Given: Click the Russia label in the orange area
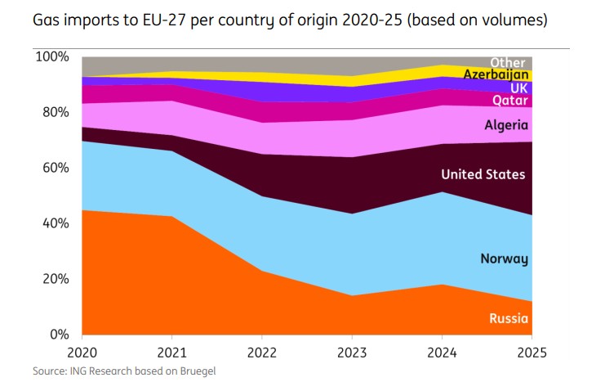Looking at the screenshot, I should pyautogui.click(x=508, y=319).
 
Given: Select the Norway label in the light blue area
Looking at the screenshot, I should pyautogui.click(x=504, y=259).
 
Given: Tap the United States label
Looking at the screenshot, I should pyautogui.click(x=483, y=174).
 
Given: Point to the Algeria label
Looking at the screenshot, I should pyautogui.click(x=506, y=126).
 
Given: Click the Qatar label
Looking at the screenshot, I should pyautogui.click(x=509, y=101).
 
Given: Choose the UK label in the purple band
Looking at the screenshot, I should pyautogui.click(x=519, y=88).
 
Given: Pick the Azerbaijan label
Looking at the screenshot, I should pyautogui.click(x=496, y=74).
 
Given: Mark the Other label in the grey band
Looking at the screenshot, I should pyautogui.click(x=508, y=62).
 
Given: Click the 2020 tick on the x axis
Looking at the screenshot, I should pyautogui.click(x=82, y=352).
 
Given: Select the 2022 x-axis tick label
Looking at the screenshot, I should pyautogui.click(x=262, y=352).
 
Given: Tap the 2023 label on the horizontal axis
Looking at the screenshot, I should pyautogui.click(x=352, y=352).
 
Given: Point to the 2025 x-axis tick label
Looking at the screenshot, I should pyautogui.click(x=531, y=352).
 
